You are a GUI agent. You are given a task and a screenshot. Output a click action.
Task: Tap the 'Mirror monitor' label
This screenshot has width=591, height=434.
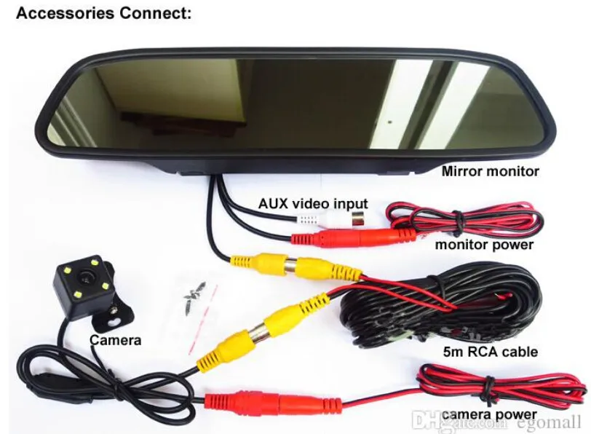coord(491,172)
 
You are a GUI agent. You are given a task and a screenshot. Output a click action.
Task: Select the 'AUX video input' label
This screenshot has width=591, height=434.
coord(314,204)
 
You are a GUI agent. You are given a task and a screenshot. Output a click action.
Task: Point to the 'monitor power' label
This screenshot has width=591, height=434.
coord(484,245)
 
